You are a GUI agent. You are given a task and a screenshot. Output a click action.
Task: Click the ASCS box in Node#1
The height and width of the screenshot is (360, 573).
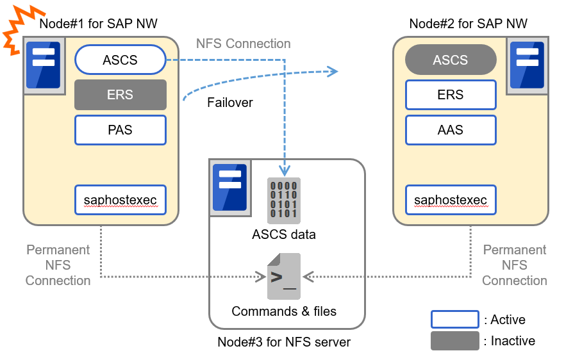tap(120, 60)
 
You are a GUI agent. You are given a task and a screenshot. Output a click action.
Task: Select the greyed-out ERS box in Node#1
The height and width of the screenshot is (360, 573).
tap(120, 95)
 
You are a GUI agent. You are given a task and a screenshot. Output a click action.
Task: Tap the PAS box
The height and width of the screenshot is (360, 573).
tap(120, 130)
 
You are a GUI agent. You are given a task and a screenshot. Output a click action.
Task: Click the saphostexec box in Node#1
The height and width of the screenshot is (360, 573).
tap(120, 200)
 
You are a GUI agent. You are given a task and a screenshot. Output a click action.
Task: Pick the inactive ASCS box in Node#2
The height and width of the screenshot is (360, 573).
tap(451, 60)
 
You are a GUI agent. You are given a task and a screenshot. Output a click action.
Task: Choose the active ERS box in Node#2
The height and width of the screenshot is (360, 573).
tap(451, 95)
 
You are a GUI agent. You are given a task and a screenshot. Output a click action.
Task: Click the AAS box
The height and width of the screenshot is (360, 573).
tap(451, 130)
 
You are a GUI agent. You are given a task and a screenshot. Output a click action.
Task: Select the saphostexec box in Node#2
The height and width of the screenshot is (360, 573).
tap(451, 200)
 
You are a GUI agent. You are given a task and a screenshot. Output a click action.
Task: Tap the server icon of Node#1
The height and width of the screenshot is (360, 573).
tap(44, 65)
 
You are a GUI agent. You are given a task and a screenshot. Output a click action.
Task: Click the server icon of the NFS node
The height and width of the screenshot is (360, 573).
tap(229, 187)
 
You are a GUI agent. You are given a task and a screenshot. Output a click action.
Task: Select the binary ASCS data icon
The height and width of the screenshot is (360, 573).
tap(283, 200)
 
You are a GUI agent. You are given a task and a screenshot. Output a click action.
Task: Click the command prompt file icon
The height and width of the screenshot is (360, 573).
tap(283, 276)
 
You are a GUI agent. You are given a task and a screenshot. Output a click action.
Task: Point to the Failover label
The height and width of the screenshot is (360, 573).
tap(230, 102)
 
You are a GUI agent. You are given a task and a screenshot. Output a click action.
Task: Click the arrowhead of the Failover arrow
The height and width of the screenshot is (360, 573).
tap(332, 71)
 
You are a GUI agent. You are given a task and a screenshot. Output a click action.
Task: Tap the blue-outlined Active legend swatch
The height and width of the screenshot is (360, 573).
tap(454, 319)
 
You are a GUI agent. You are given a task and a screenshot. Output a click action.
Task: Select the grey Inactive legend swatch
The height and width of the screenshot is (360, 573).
tap(454, 341)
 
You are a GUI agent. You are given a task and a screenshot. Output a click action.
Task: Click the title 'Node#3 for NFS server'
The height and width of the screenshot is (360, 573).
tap(284, 342)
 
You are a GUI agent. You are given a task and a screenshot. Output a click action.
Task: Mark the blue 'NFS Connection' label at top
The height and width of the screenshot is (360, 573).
tap(243, 44)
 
